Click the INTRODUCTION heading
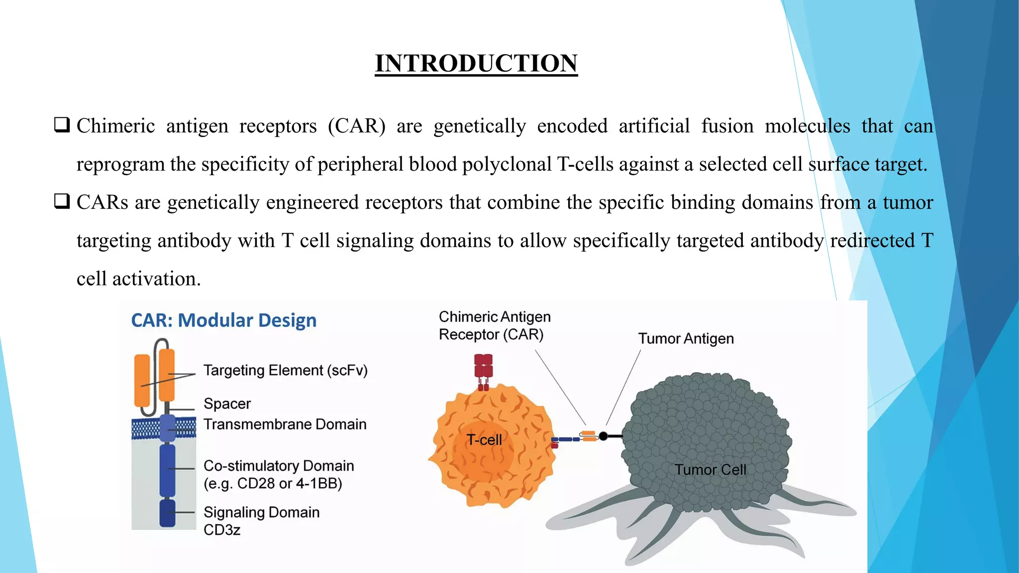click(x=476, y=64)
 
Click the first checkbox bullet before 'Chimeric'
click(x=62, y=125)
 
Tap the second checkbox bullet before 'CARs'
click(x=62, y=201)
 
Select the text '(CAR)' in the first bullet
click(x=357, y=126)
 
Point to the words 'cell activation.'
click(x=138, y=279)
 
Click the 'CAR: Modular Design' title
click(x=223, y=320)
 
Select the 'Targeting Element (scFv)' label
click(x=285, y=371)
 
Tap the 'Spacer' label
click(x=227, y=403)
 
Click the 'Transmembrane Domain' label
click(x=285, y=424)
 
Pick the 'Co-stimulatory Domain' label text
click(x=279, y=466)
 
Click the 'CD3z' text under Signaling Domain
click(x=222, y=530)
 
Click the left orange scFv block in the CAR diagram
click(x=142, y=381)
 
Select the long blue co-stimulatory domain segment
click(x=167, y=470)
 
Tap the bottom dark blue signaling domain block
click(x=167, y=513)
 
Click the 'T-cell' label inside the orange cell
click(x=484, y=440)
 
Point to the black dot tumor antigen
click(x=604, y=436)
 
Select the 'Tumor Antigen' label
click(x=686, y=339)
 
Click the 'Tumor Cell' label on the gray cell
click(x=710, y=470)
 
